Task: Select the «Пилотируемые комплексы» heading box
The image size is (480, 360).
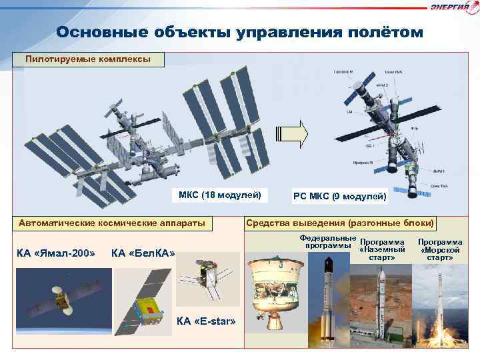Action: [88, 59]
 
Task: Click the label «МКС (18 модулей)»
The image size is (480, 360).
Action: [219, 195]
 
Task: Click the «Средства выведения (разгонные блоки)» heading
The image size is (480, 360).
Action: [340, 223]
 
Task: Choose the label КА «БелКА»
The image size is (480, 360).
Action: [143, 253]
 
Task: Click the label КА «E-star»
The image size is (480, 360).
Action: [207, 321]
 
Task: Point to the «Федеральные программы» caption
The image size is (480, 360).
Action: [327, 241]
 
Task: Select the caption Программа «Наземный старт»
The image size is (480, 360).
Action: [382, 249]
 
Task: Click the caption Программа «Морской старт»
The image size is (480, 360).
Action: [440, 249]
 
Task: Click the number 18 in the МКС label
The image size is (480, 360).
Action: [205, 195]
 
